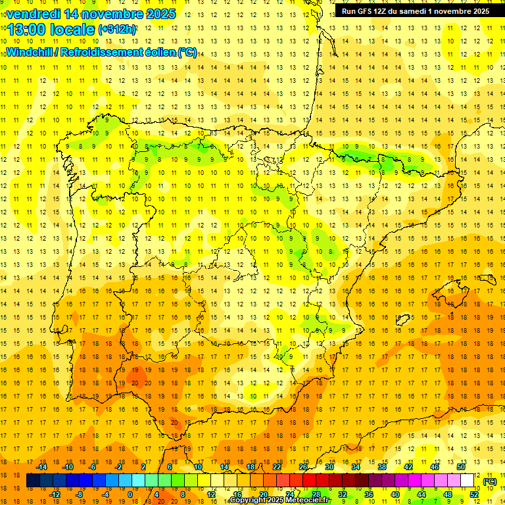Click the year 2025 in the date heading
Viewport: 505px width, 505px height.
[x=160, y=13]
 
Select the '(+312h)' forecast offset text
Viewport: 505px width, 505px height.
[x=117, y=29]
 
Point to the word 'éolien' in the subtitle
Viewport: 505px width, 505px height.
[x=158, y=52]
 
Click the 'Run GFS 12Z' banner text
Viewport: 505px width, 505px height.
[x=364, y=11]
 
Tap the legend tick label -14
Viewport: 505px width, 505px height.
[x=41, y=467]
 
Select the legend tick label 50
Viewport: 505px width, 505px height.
[x=460, y=467]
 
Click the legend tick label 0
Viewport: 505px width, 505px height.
[x=130, y=494]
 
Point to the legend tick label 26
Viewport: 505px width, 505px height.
[x=303, y=467]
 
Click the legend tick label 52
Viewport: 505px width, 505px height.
[x=473, y=494]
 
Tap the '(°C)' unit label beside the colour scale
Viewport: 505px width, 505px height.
[x=489, y=481]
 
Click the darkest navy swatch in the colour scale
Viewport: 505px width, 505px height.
[x=33, y=481]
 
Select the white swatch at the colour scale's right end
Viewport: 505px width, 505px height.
[x=467, y=481]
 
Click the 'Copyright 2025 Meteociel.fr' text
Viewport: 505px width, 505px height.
[x=279, y=500]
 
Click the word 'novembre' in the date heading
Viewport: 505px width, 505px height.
[x=108, y=13]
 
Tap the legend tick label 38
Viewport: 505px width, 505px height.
[x=381, y=467]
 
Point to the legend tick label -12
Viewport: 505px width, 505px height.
[x=55, y=494]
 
